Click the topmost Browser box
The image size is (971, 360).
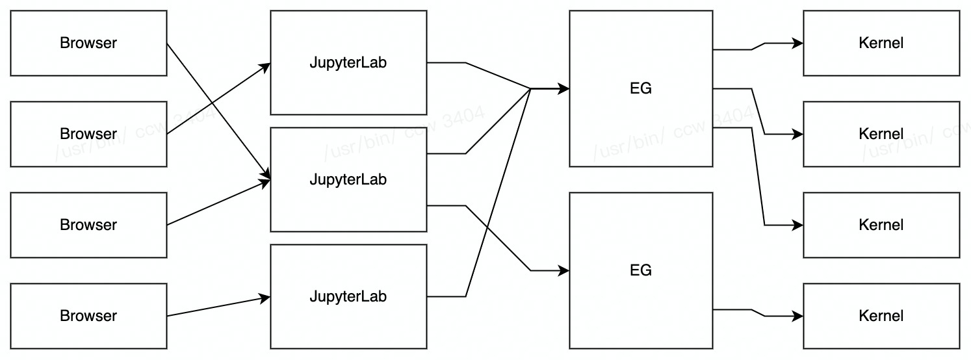pos(88,43)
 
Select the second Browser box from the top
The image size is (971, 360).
pos(88,134)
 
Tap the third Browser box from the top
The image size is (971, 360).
pos(88,225)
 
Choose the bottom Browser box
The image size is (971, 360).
pos(88,316)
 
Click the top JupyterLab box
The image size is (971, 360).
pos(348,62)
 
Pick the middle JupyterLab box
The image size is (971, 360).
pos(348,179)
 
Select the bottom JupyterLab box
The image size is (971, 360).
pos(348,296)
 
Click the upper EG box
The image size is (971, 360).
pos(641,88)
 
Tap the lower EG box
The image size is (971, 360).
pos(641,270)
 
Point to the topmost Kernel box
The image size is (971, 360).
pos(881,43)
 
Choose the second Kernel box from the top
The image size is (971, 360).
pos(881,134)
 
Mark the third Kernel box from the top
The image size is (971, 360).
pos(881,225)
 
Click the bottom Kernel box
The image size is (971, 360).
pos(881,316)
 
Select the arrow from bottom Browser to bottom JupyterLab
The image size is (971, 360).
pos(218,307)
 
